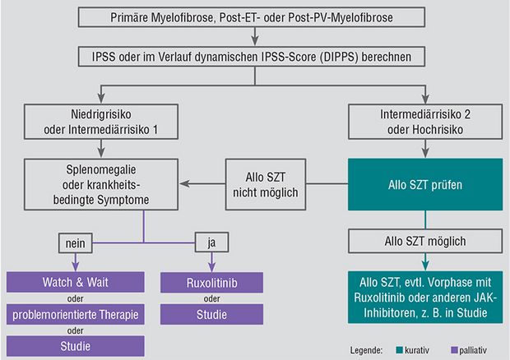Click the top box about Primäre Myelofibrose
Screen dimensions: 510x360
[x=252, y=17]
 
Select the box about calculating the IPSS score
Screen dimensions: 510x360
[x=252, y=57]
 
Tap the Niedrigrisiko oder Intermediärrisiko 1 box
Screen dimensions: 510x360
[x=101, y=122]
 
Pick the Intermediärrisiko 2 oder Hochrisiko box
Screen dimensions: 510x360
[x=425, y=122]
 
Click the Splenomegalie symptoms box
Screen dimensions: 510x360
[x=101, y=184]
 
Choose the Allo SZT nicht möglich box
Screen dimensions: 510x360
[x=266, y=184]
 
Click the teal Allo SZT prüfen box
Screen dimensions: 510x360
[x=425, y=184]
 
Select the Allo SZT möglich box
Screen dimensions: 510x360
[x=425, y=241]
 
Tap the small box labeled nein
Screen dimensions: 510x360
[x=76, y=243]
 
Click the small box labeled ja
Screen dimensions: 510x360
[x=211, y=242]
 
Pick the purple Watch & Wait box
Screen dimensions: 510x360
[x=76, y=282]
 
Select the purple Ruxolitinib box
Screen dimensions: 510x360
[x=211, y=283]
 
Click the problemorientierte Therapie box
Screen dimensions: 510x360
[x=76, y=314]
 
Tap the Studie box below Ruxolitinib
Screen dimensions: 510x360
[x=211, y=314]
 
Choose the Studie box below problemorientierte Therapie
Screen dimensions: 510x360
[x=76, y=346]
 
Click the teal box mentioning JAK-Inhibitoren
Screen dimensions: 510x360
[x=425, y=298]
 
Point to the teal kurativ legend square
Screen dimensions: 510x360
[x=400, y=350]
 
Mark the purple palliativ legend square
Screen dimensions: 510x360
[x=454, y=350]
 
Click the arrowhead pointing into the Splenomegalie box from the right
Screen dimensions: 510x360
[x=185, y=184]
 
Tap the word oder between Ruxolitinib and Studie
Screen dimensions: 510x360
[x=211, y=298]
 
